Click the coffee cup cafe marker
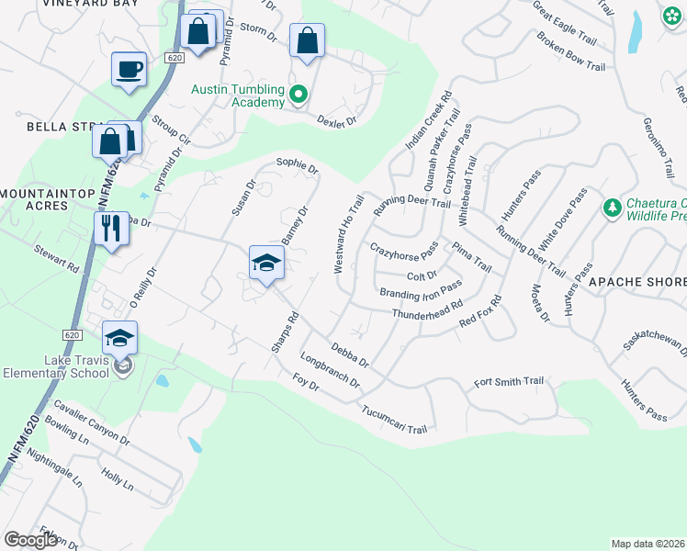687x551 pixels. (129, 69)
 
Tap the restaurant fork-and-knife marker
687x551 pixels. (110, 228)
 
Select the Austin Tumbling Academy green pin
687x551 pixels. (298, 95)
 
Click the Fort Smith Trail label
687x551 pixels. (509, 381)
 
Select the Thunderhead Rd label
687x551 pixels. (427, 312)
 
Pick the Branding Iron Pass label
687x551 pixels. (421, 290)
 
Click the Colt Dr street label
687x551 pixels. (421, 274)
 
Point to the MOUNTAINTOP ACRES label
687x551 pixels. (34, 199)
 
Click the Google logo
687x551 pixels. (30, 540)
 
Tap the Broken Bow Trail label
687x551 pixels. (571, 53)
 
